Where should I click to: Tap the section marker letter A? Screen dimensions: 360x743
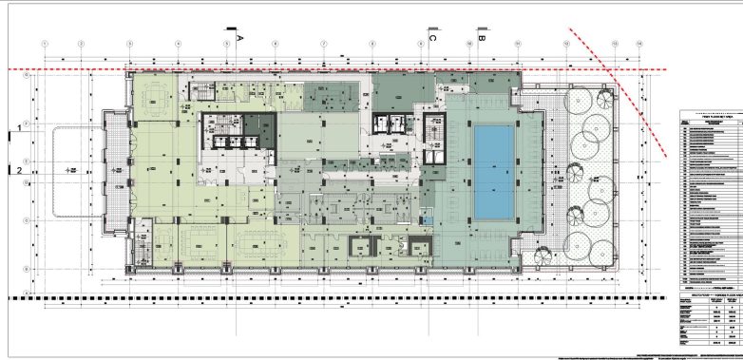(x=240, y=36)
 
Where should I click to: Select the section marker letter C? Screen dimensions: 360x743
(x=433, y=39)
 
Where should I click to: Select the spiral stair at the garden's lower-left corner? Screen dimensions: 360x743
(x=542, y=254)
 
